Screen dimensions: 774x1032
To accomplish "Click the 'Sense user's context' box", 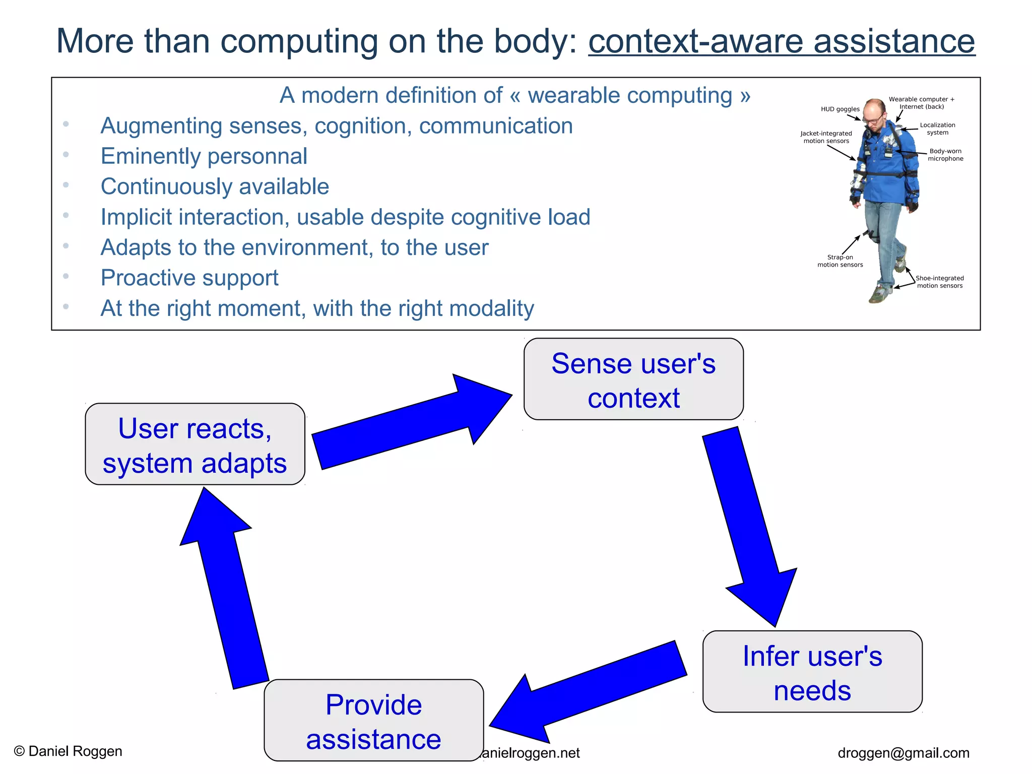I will [x=633, y=379].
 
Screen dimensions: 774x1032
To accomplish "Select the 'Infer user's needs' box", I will [x=812, y=672].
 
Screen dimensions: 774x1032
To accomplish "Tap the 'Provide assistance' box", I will [x=373, y=721].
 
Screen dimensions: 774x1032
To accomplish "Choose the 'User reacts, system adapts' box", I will [x=195, y=444].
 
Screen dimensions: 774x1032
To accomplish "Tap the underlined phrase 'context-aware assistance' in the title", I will [x=781, y=41].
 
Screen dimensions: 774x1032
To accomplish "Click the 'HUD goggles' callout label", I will [x=840, y=109].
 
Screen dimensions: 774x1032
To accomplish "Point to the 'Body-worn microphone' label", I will [x=945, y=155].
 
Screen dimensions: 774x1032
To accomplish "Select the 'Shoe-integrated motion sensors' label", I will [x=939, y=282].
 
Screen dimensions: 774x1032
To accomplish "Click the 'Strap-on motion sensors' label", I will [x=840, y=261].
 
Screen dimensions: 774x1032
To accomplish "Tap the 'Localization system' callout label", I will [x=937, y=128].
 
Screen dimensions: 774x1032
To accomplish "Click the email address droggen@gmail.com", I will [x=903, y=753].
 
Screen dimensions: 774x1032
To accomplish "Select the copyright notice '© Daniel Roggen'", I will [x=68, y=751].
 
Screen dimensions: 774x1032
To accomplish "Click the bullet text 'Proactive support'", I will [x=189, y=278].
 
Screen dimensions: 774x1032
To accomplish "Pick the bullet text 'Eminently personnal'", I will [x=204, y=156].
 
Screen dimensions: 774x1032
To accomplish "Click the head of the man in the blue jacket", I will [x=875, y=111].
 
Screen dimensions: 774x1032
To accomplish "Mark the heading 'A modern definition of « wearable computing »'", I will [x=515, y=95].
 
